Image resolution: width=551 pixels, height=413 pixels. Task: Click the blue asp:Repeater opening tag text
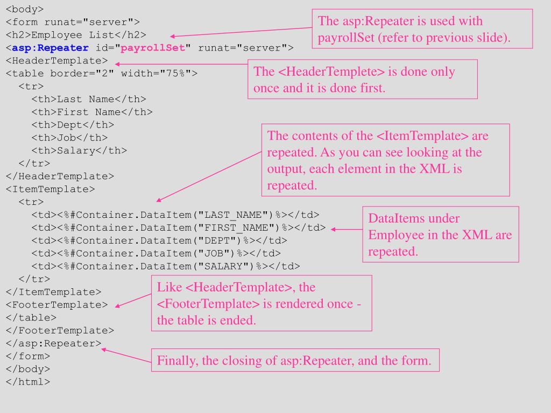pos(50,48)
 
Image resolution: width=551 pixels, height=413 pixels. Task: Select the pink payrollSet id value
pos(152,48)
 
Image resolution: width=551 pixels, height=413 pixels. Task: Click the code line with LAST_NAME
pos(175,215)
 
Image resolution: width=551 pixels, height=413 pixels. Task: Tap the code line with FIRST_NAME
pos(179,227)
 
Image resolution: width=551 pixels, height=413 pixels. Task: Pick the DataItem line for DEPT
pos(159,240)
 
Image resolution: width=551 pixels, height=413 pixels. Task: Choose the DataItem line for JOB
pos(156,253)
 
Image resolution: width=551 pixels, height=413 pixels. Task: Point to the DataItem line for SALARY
pos(166,266)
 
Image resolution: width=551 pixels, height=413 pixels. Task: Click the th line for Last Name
pos(89,99)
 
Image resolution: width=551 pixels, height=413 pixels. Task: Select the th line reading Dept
pos(73,125)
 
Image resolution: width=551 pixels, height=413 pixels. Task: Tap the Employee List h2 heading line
pos(76,35)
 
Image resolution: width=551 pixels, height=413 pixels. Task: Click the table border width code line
pos(102,73)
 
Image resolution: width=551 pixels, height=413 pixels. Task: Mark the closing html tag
pos(28,382)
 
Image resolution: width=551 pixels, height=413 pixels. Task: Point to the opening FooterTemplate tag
pos(56,304)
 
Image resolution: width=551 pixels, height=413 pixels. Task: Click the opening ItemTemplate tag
pos(50,189)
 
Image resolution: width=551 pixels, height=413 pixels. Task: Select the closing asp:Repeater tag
pos(53,343)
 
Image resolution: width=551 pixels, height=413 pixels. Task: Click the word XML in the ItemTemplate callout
pos(435,169)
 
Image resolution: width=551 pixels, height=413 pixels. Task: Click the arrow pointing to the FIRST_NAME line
pos(347,229)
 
